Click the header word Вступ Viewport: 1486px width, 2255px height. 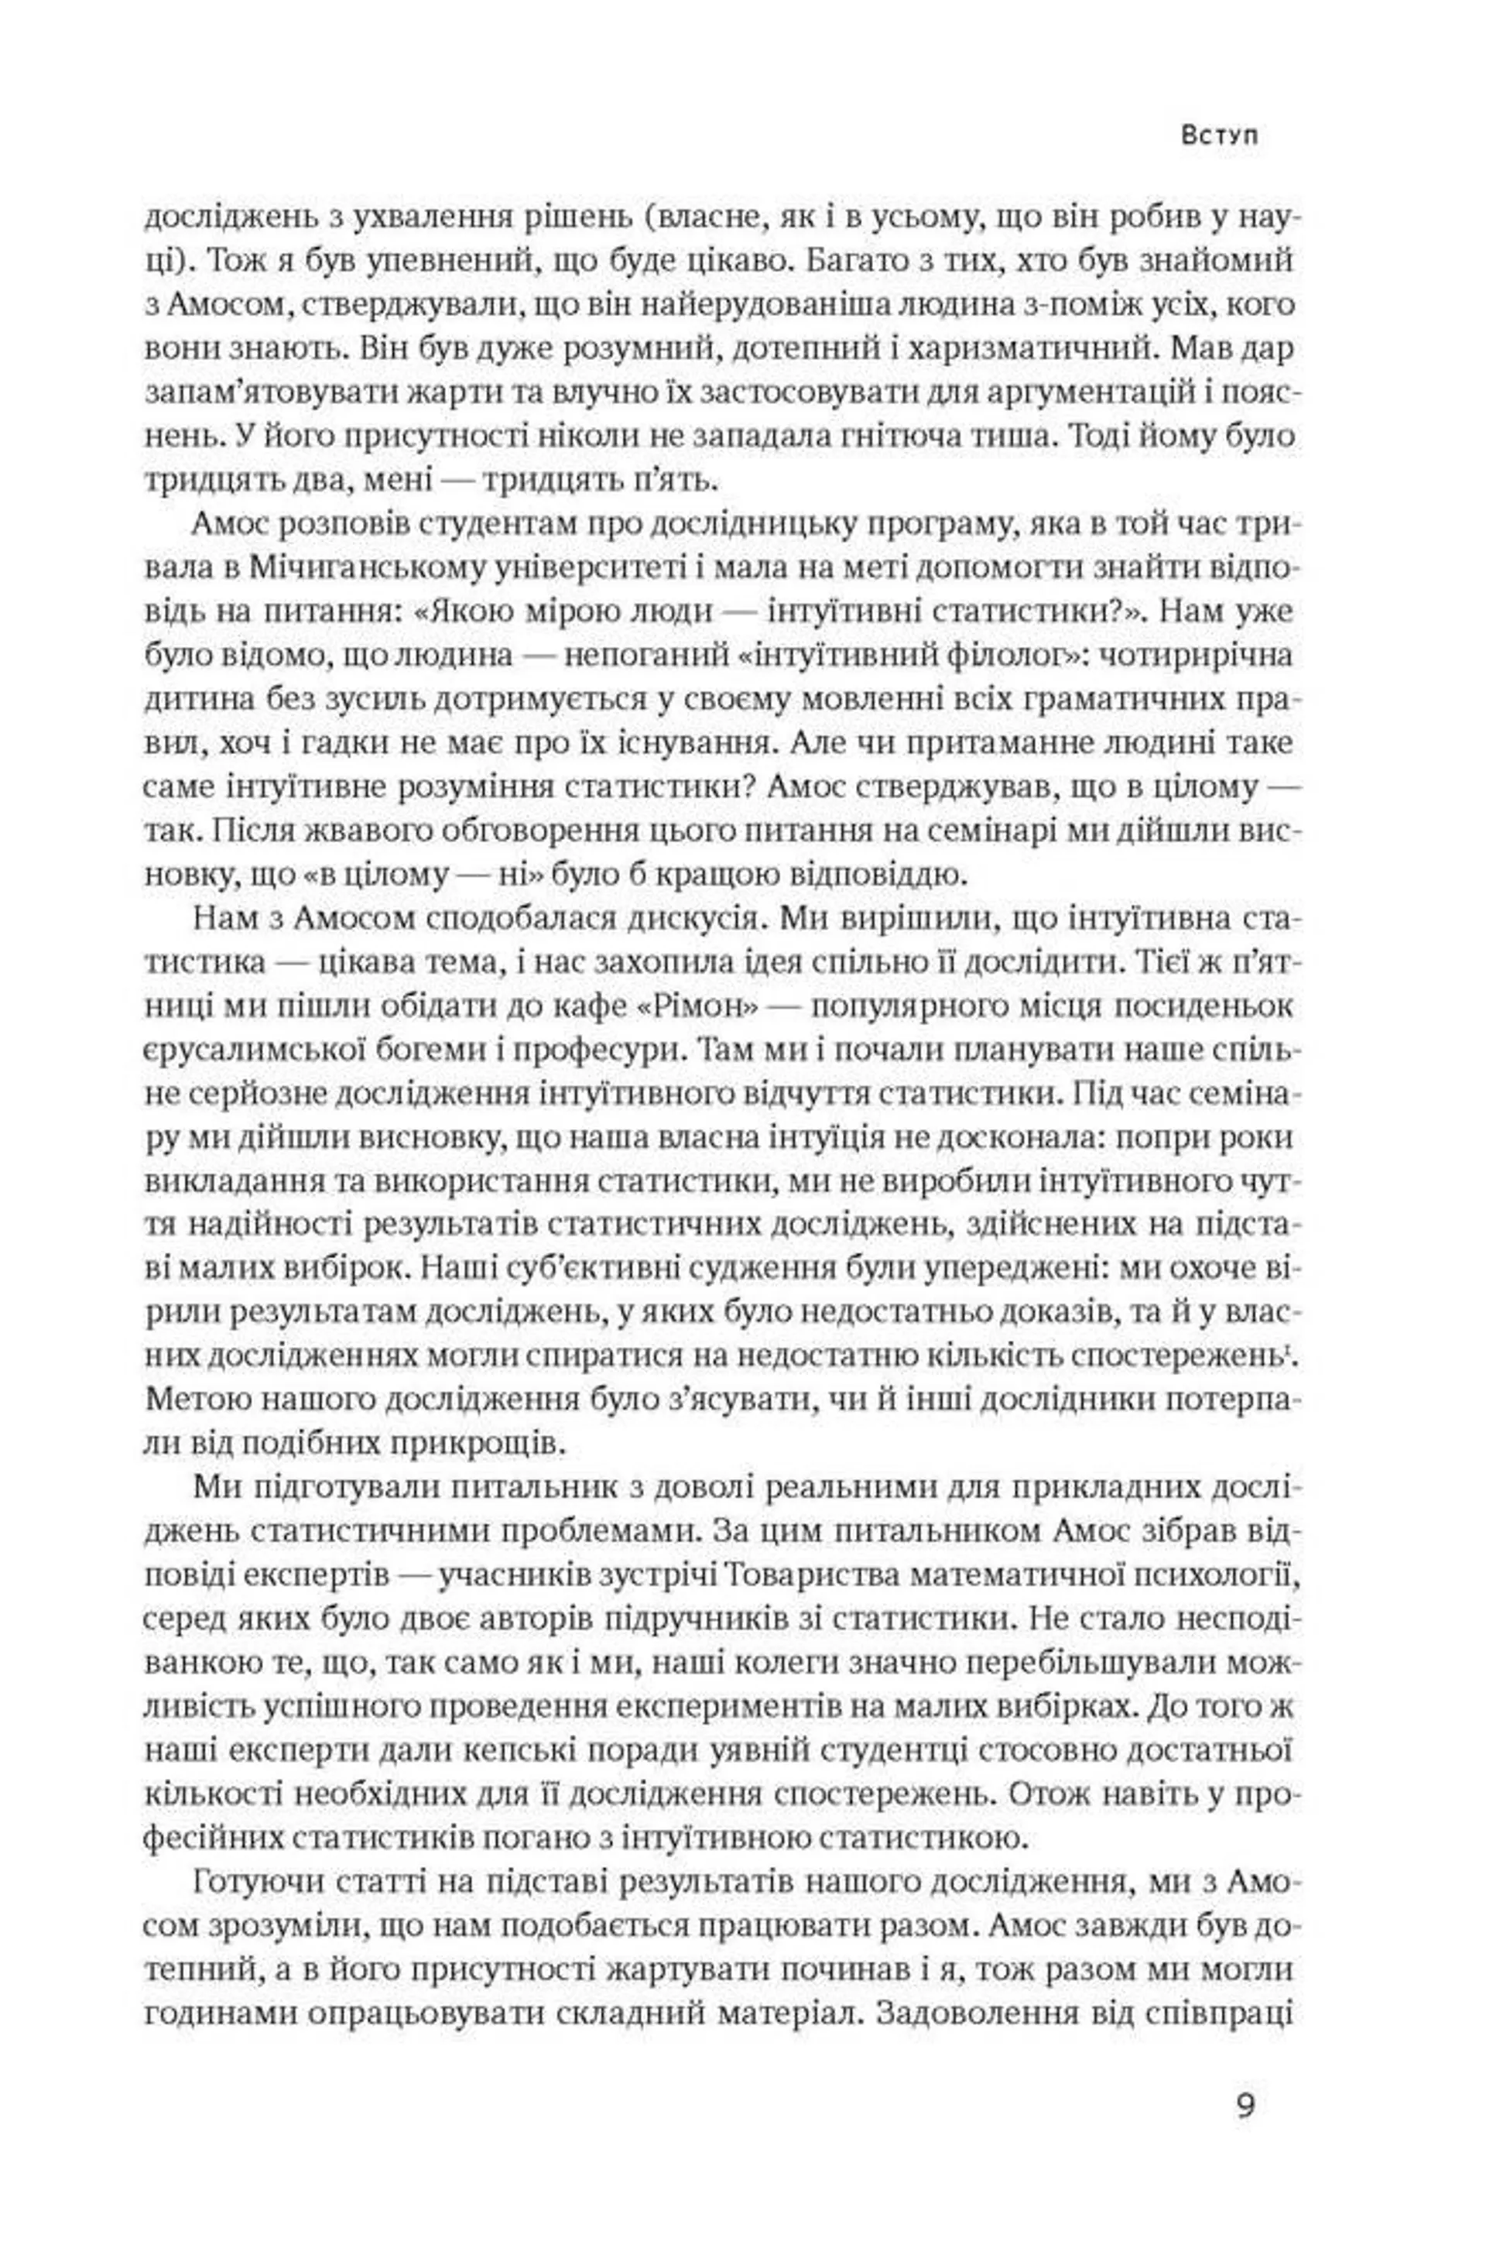[x=1221, y=135]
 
